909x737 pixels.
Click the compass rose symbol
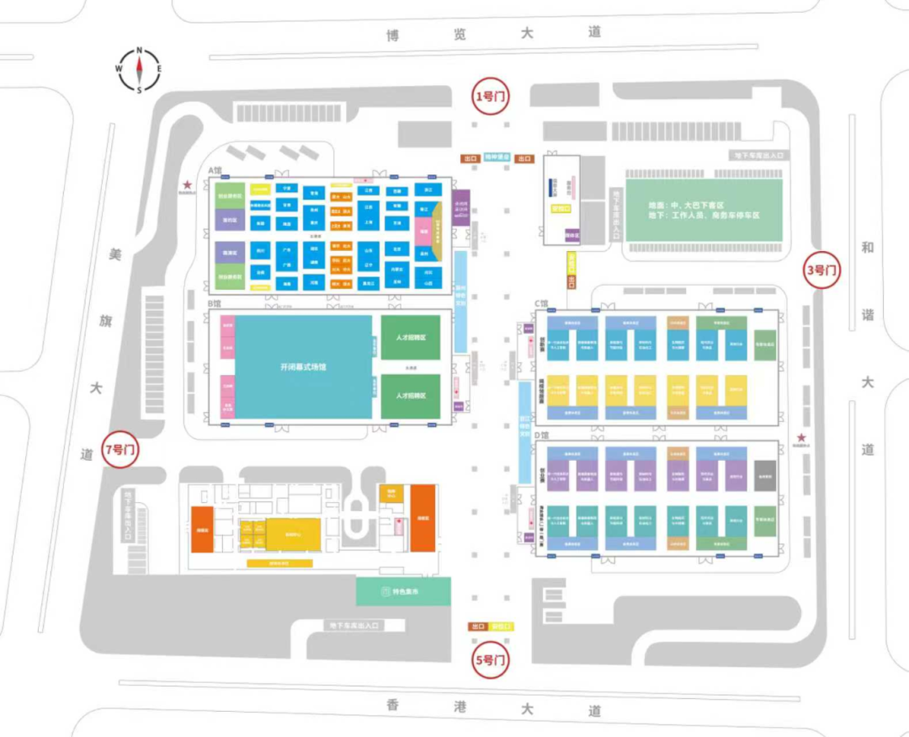(139, 69)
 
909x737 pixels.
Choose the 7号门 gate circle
(120, 450)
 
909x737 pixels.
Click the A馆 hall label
(216, 170)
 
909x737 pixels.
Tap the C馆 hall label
(541, 303)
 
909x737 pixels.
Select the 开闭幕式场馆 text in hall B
(303, 367)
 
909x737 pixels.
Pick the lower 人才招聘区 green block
(410, 396)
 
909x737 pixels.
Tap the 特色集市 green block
(398, 591)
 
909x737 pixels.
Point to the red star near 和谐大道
(801, 437)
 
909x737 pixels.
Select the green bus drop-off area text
(703, 210)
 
